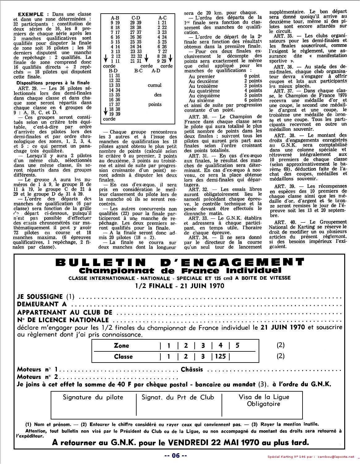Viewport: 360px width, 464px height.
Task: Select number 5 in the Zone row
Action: [x=237, y=346]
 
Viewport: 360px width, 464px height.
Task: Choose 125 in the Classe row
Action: [x=220, y=356]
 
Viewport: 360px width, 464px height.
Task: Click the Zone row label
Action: [x=121, y=346]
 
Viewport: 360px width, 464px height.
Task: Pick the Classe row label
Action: [x=123, y=357]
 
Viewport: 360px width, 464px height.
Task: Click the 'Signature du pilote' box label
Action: [x=93, y=397]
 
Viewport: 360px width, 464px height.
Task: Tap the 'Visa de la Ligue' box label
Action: [x=264, y=397]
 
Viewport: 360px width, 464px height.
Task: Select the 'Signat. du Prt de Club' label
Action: [x=178, y=397]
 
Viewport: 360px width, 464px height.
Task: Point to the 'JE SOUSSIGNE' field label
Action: [x=40, y=297]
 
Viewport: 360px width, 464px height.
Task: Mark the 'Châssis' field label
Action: [x=192, y=369]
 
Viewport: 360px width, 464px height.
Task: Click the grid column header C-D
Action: [x=136, y=18]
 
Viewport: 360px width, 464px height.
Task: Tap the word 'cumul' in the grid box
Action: [x=155, y=85]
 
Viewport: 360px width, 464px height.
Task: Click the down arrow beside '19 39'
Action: [x=106, y=112]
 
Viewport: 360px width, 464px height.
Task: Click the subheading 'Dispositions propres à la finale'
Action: [x=53, y=83]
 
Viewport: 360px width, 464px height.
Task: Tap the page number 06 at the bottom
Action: [x=176, y=455]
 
